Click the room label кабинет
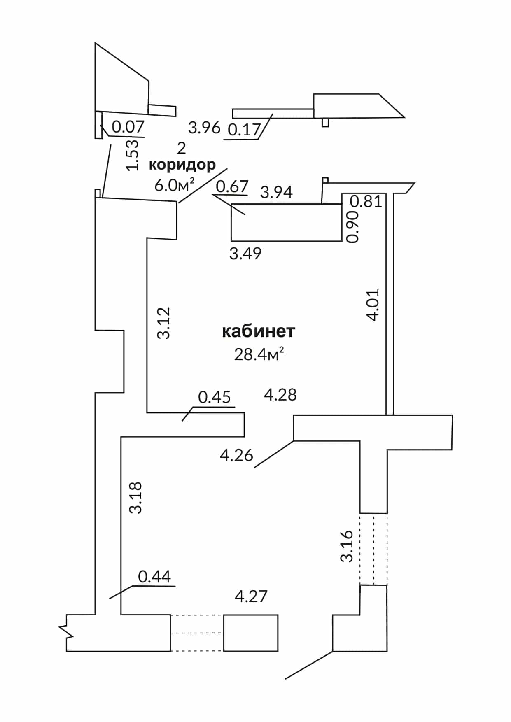(x=259, y=331)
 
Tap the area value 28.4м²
(x=259, y=354)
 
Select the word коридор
(x=182, y=165)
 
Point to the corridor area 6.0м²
(x=174, y=185)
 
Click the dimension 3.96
(x=205, y=128)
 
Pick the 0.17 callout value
(x=244, y=130)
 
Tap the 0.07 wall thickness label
(x=128, y=127)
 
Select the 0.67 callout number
(x=232, y=186)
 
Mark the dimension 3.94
(x=276, y=192)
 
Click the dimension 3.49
(x=245, y=253)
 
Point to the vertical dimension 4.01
(x=373, y=305)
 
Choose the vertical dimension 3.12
(x=164, y=323)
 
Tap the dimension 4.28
(x=280, y=395)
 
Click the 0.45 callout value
(x=215, y=397)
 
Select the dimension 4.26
(x=237, y=455)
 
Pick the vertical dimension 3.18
(x=135, y=498)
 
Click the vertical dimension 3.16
(x=347, y=546)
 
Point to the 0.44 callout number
(x=154, y=577)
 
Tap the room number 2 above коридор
(x=182, y=148)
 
